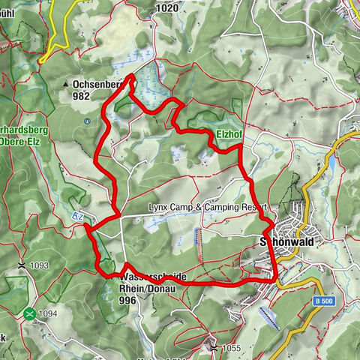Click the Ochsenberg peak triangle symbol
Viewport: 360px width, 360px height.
pyautogui.click(x=66, y=85)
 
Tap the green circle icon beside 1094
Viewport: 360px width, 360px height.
pyautogui.click(x=30, y=313)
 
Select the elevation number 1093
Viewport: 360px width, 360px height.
pyautogui.click(x=39, y=265)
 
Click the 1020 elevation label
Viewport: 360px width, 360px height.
pyautogui.click(x=169, y=8)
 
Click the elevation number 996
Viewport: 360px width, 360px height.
pyautogui.click(x=129, y=300)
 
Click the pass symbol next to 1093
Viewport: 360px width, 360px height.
pyautogui.click(x=22, y=265)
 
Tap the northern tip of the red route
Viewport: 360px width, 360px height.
pyautogui.click(x=132, y=76)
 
